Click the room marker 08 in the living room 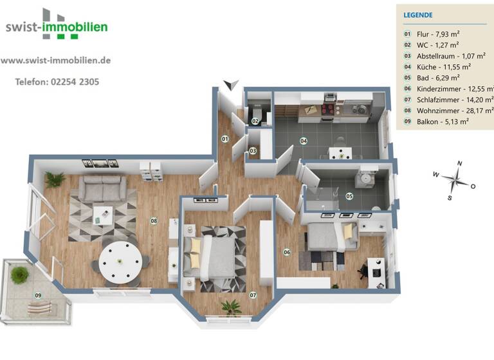pos(154,221)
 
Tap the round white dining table pos(121,260)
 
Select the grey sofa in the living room pos(102,188)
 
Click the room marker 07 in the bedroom pos(253,295)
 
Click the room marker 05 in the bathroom pos(349,196)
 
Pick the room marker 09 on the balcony pos(38,296)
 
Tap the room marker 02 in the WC pos(255,120)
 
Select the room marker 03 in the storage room pos(253,151)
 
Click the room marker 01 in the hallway pos(225,138)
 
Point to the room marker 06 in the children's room pos(287,251)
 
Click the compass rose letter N pos(459,164)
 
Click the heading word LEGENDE pos(417,15)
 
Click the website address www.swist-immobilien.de pos(56,60)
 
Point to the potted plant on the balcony pos(20,274)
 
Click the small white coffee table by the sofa pos(102,213)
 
